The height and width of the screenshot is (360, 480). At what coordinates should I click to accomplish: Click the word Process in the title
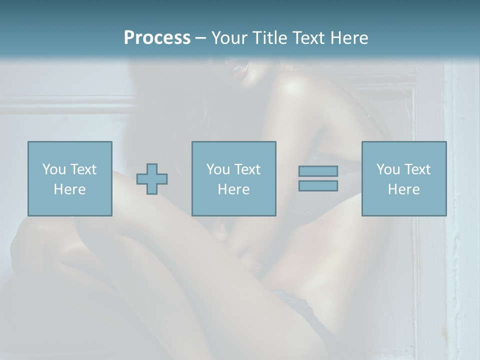tap(157, 38)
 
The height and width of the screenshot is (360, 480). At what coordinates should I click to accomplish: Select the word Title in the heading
tap(270, 38)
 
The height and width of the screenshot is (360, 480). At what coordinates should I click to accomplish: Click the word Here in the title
tap(349, 38)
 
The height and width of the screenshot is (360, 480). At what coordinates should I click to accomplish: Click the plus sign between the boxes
tap(152, 178)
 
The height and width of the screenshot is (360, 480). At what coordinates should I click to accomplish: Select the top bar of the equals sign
tap(318, 171)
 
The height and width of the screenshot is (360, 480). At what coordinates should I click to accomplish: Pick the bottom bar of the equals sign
tap(318, 186)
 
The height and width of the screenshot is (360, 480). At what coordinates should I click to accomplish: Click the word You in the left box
tap(54, 169)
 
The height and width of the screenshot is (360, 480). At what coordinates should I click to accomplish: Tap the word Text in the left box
tap(83, 169)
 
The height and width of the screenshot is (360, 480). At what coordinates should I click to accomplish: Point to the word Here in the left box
tap(69, 189)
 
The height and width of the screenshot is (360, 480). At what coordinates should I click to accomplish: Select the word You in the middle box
tap(218, 169)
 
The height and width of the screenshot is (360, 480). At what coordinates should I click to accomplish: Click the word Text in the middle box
tap(247, 169)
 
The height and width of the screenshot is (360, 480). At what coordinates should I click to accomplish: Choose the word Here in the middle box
tap(233, 189)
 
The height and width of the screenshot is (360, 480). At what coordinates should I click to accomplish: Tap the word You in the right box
tap(388, 169)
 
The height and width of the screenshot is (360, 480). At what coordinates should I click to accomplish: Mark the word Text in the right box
tap(417, 169)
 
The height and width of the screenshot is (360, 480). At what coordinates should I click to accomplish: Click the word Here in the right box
tap(403, 189)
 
